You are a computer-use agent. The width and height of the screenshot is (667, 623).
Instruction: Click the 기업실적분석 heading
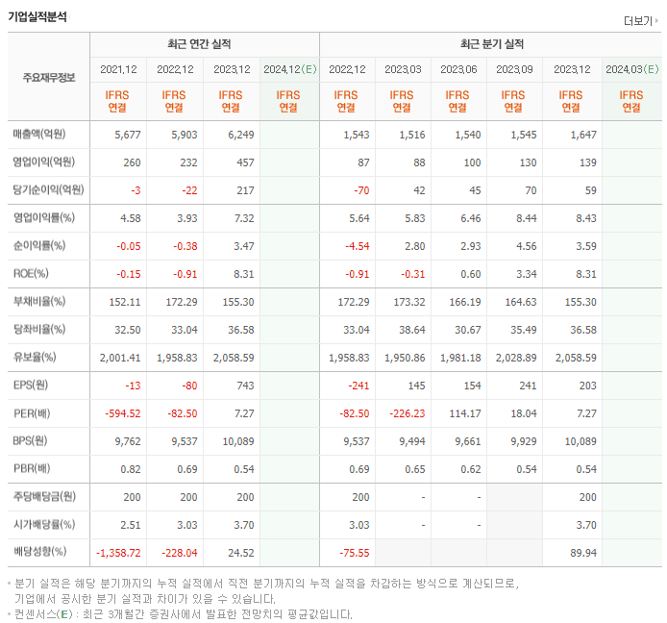[37, 16]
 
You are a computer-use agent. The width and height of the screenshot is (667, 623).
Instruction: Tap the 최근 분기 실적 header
[492, 44]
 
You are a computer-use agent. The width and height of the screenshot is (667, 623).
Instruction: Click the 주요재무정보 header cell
[48, 77]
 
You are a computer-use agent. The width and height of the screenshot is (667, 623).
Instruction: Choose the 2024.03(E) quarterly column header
[631, 69]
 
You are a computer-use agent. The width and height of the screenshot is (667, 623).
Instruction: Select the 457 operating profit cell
[244, 162]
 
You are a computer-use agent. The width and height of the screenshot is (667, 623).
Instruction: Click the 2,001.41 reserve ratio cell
[120, 358]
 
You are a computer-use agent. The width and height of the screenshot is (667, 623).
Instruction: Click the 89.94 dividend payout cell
[581, 553]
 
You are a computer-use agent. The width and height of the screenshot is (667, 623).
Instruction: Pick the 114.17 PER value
[462, 413]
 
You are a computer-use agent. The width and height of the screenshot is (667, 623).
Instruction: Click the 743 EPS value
[244, 386]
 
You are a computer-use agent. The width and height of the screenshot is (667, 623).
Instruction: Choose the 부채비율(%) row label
[39, 302]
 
